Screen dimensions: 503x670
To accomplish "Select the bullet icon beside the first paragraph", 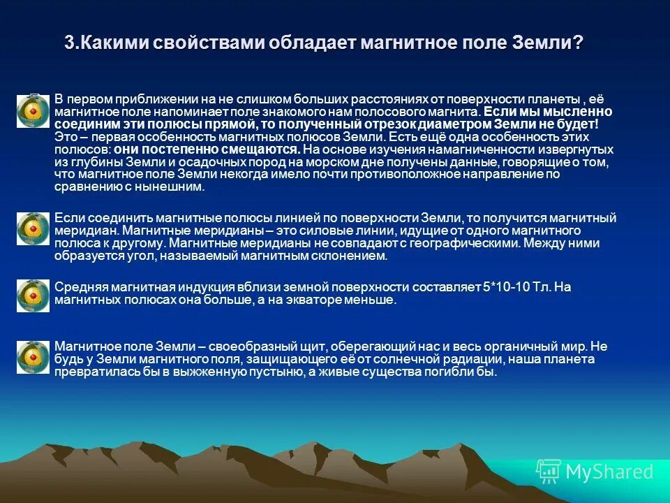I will pos(33,112).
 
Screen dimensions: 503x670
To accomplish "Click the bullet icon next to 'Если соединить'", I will pos(33,228).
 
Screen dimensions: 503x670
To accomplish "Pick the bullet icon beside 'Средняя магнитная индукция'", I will pos(33,295).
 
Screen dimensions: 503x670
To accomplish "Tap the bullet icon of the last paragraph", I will pos(33,357).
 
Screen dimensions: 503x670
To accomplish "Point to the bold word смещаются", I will pos(267,150).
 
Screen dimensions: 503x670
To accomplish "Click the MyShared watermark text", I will pos(609,472).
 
